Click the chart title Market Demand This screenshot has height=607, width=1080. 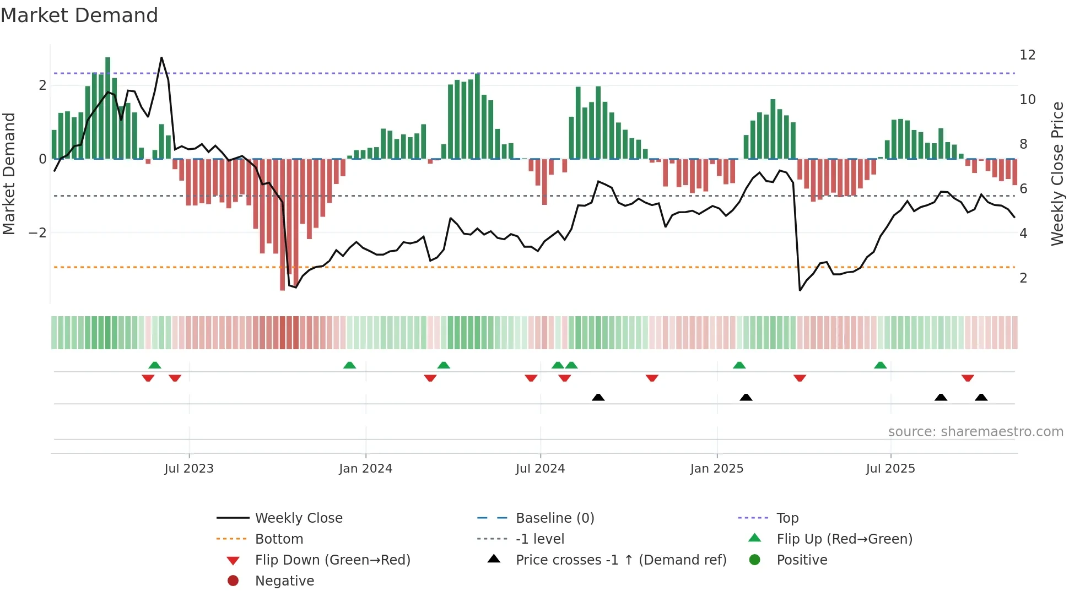point(79,15)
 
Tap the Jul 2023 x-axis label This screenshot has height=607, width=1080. point(188,469)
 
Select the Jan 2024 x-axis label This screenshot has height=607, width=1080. point(365,469)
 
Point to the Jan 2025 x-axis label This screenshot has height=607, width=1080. point(716,469)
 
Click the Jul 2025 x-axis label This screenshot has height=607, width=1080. point(890,469)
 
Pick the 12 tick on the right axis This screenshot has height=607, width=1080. point(1027,55)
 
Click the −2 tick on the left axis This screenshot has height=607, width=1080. point(37,233)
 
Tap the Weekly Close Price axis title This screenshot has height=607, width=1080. point(1057,174)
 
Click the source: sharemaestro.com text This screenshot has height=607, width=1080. point(975,432)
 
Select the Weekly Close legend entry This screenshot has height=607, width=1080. point(298,518)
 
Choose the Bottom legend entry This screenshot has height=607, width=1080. point(279,539)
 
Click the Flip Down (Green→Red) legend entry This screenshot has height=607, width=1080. point(332,560)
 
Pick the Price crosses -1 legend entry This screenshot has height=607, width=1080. point(620,560)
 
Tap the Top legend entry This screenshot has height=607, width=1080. point(787,518)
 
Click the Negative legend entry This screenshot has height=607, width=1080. point(284,581)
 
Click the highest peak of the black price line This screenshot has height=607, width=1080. point(161,57)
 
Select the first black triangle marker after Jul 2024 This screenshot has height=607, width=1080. point(598,397)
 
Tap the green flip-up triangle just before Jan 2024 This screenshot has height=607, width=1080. point(349,365)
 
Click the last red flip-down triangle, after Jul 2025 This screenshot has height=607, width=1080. point(968,378)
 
